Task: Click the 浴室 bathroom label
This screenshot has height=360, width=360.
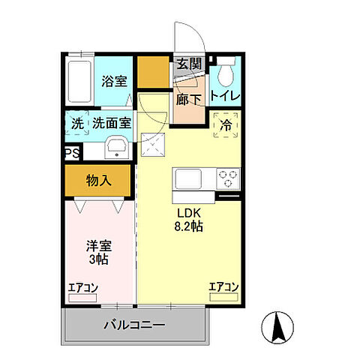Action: (x=114, y=81)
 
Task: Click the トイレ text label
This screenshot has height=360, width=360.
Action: (x=225, y=96)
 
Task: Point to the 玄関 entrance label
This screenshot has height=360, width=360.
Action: (x=189, y=64)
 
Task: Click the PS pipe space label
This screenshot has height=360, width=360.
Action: (x=72, y=153)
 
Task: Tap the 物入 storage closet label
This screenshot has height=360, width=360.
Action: (x=99, y=180)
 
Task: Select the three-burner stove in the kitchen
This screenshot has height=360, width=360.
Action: (x=228, y=179)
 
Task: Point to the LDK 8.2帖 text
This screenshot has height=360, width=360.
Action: (x=188, y=218)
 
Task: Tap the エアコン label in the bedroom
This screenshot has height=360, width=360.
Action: (x=82, y=287)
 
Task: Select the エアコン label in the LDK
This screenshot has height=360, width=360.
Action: (x=223, y=287)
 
